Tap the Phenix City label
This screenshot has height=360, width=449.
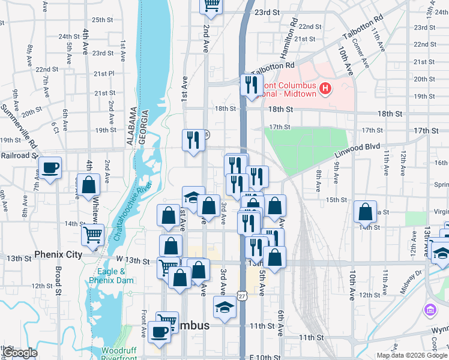point(58,254)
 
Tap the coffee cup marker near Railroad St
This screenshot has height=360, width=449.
point(50,168)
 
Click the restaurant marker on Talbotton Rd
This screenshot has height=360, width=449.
point(252,85)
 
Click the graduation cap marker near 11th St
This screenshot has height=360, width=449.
point(225,308)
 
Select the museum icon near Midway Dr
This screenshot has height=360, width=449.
point(430,310)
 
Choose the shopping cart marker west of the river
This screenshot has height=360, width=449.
point(92,235)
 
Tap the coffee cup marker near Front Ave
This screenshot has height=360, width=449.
point(160,332)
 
